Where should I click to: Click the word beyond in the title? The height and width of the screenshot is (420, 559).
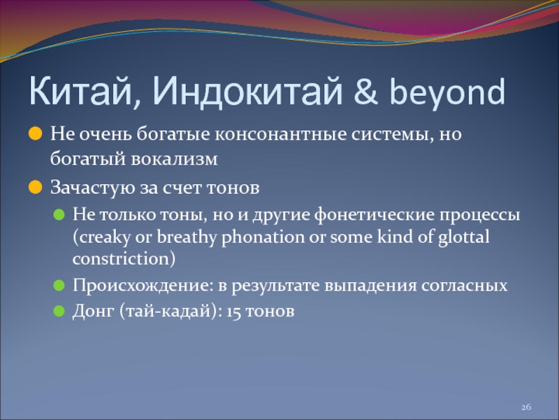447,93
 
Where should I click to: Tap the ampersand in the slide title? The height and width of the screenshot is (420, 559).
365,92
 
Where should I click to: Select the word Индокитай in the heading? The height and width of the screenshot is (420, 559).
248,92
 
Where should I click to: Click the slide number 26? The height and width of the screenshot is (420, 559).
526,407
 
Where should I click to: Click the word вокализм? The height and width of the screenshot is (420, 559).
174,159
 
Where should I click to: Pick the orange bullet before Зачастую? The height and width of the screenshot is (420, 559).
36,187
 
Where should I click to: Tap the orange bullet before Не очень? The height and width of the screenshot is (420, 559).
36,134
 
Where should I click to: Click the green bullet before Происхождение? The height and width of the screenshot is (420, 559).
59,286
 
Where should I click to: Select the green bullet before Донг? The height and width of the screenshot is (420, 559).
59,311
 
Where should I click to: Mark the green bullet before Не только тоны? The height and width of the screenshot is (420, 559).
59,215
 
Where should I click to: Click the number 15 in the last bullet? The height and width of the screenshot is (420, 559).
233,311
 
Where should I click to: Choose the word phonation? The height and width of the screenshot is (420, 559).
263,237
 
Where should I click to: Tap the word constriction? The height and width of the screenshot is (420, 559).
121,259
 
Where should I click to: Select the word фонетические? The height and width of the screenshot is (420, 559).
375,215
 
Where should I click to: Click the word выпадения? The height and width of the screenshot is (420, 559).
370,286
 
